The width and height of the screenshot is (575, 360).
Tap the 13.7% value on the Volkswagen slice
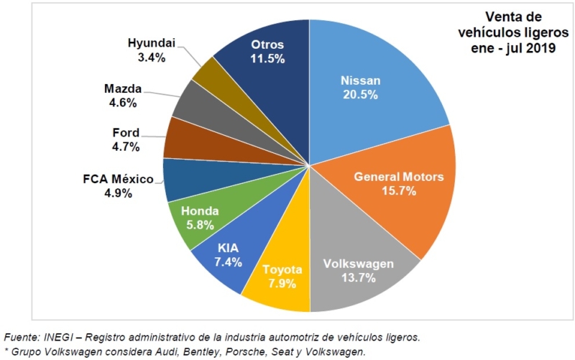tap(358, 277)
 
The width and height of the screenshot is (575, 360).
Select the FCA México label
tap(118, 179)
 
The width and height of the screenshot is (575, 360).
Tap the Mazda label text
tap(123, 89)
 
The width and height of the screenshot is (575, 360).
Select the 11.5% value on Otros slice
tap(267, 60)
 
